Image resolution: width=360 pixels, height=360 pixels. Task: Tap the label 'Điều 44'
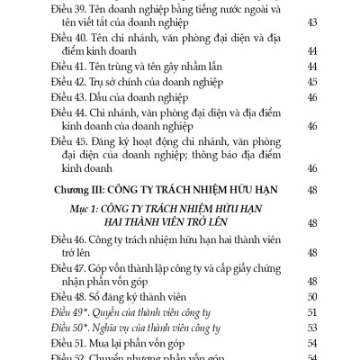pyautogui.click(x=70, y=126)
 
